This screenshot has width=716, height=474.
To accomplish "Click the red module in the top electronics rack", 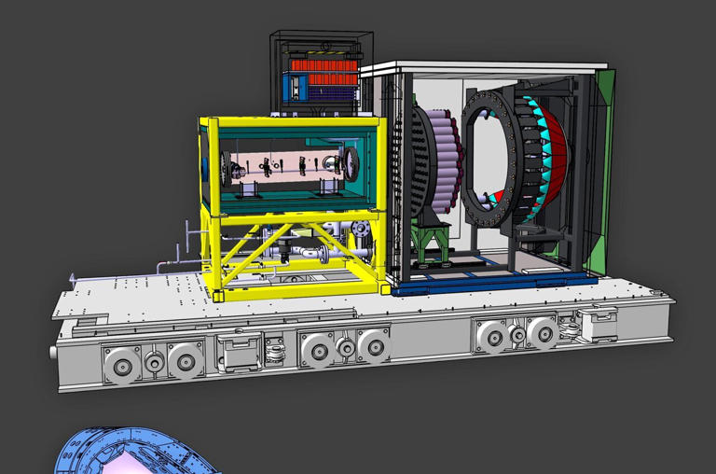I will pyautogui.click(x=322, y=67).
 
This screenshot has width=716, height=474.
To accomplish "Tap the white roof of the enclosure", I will pyautogui.click(x=485, y=68).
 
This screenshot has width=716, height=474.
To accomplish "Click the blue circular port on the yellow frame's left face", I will pyautogui.click(x=205, y=168).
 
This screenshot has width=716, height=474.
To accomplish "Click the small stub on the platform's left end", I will pyautogui.click(x=53, y=352).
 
